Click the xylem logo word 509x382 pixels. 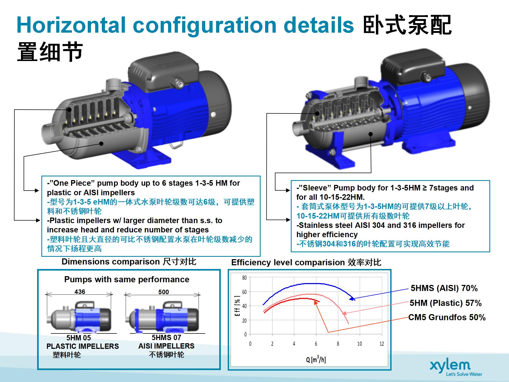click(x=450, y=366)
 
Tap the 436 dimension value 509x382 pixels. click(x=80, y=292)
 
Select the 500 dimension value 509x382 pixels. click(x=164, y=292)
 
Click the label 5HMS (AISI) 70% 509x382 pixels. click(x=444, y=288)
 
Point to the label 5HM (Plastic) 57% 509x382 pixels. click(x=446, y=303)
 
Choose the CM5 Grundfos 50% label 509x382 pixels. click(x=447, y=317)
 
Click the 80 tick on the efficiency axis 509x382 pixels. click(x=244, y=278)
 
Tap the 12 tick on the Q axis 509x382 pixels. click(x=381, y=344)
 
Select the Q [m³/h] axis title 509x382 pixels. click(x=316, y=359)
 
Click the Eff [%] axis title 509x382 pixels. click(x=237, y=306)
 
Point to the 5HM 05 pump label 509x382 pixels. click(x=78, y=338)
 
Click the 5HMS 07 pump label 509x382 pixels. click(x=166, y=337)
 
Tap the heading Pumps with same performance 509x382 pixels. click(x=127, y=279)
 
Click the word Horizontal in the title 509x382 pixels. click(x=71, y=25)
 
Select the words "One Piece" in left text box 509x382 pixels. click(x=71, y=183)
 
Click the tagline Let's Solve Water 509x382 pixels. click(x=464, y=374)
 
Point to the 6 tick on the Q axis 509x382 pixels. click(x=316, y=344)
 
